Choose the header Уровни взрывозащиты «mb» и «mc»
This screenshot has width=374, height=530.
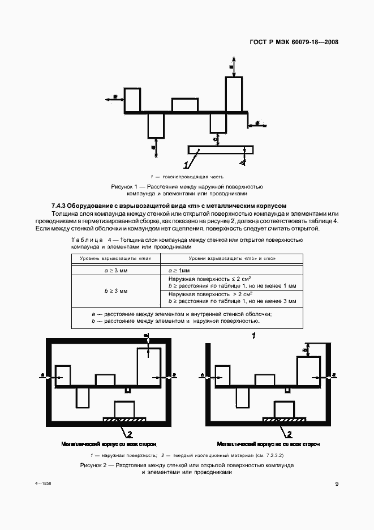(231, 258)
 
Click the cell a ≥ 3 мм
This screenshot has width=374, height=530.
(115, 271)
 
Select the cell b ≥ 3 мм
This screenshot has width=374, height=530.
(115, 290)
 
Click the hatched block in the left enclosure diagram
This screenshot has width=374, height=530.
(124, 419)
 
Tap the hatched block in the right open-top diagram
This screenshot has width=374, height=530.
(284, 419)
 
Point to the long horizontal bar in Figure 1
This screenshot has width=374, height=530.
(221, 149)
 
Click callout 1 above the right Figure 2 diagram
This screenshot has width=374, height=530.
(254, 336)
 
